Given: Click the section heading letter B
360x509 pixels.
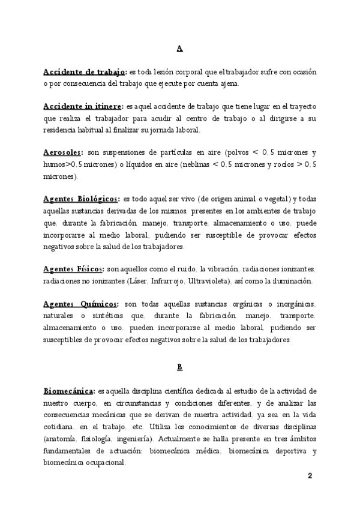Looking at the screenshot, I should click(x=180, y=366).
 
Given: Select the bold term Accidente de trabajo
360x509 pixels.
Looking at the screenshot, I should click(x=84, y=71).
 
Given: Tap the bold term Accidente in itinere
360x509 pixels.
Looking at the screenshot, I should click(x=83, y=106).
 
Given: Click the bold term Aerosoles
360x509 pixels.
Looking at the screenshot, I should click(x=64, y=152).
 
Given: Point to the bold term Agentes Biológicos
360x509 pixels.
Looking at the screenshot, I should click(x=80, y=199).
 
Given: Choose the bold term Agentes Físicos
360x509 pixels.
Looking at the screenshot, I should click(x=74, y=268).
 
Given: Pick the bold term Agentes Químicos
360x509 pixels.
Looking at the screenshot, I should click(x=81, y=304).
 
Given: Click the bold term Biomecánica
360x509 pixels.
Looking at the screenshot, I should click(x=69, y=391).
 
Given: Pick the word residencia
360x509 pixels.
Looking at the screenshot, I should click(x=60, y=130).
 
